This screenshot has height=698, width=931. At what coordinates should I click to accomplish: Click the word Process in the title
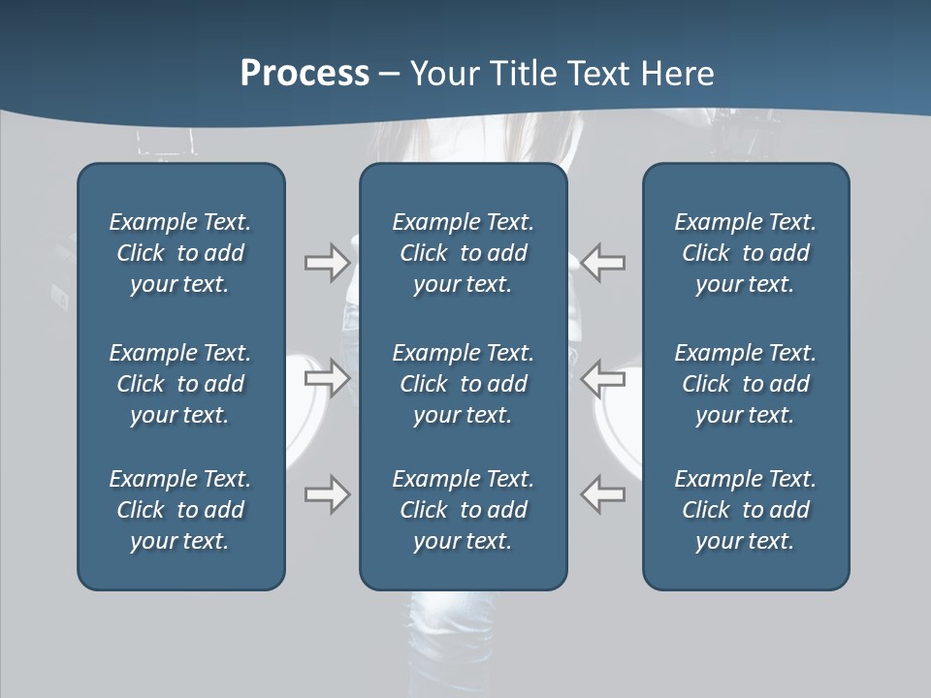click(x=305, y=74)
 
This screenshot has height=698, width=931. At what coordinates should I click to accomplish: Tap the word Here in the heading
click(x=678, y=74)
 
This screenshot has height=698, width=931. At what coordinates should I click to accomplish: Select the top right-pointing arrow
click(x=327, y=263)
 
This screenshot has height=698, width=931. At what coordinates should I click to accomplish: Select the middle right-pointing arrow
click(x=327, y=377)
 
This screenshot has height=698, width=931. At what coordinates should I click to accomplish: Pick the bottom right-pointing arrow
click(x=327, y=494)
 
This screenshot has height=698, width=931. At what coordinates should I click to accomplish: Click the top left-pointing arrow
click(x=603, y=263)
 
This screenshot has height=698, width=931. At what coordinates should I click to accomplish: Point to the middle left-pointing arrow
click(x=603, y=377)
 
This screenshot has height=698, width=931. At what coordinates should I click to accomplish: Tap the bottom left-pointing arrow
click(x=603, y=494)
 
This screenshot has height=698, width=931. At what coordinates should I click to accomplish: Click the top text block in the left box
click(x=180, y=253)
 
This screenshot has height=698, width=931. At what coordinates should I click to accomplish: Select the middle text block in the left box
click(x=180, y=384)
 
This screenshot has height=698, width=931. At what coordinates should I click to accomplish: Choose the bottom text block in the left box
click(x=180, y=510)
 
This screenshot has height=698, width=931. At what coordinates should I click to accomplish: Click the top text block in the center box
click(x=463, y=253)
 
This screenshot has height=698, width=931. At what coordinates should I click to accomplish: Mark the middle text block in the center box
click(x=463, y=384)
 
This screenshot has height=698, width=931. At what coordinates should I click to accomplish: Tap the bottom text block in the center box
click(x=463, y=510)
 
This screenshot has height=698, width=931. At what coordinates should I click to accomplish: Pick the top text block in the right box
click(x=745, y=253)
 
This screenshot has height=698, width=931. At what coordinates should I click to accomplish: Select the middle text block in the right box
click(x=745, y=384)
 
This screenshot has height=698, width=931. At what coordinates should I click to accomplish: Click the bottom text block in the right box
click(x=745, y=510)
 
